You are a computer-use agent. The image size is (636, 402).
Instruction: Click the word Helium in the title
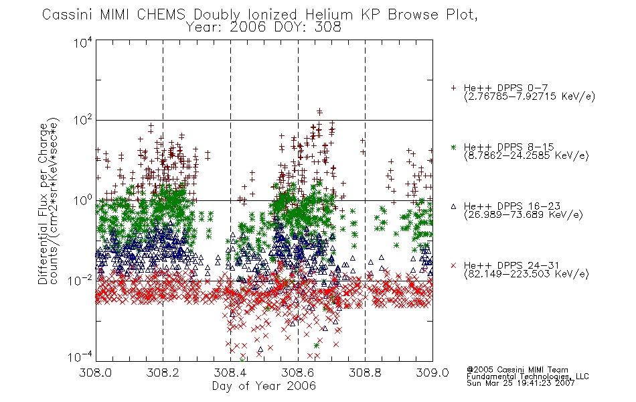click(329, 15)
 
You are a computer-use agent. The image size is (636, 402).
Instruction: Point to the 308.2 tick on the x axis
click(163, 373)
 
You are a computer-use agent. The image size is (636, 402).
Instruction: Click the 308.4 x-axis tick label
click(230, 373)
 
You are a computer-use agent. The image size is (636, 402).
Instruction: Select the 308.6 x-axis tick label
click(298, 373)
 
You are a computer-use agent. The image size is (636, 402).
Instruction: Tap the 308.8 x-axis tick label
click(365, 373)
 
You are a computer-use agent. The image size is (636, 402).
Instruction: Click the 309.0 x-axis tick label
click(432, 373)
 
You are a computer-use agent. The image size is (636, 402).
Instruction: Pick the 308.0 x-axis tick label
click(96, 373)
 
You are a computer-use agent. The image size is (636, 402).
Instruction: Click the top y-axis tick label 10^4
click(83, 42)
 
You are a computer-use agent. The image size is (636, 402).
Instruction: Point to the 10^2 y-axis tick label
click(83, 121)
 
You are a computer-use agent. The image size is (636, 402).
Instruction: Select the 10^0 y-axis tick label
click(83, 201)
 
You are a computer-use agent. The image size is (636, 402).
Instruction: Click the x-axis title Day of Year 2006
click(264, 386)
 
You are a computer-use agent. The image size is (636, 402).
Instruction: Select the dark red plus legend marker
click(453, 88)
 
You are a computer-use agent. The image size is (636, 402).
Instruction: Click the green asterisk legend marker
click(453, 147)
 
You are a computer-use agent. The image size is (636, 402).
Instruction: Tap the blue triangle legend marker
click(453, 206)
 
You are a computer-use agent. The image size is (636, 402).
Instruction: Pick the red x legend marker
click(453, 265)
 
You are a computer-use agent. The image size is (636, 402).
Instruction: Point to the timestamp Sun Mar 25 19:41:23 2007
click(521, 383)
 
